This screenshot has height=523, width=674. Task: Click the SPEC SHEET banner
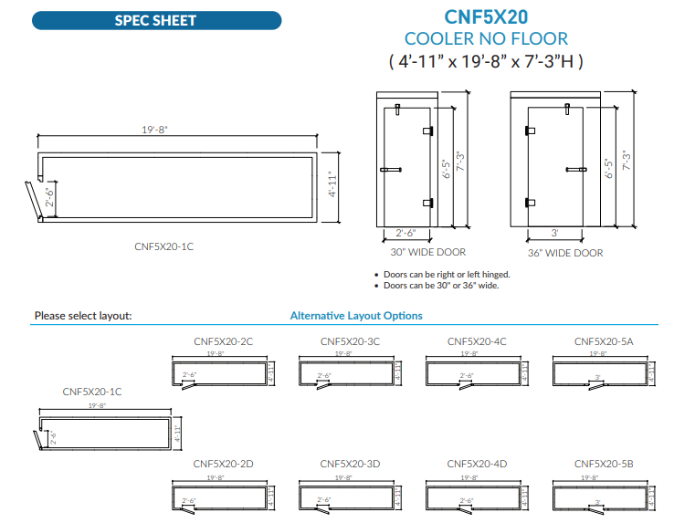(155, 20)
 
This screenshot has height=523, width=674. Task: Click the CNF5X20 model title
(485, 16)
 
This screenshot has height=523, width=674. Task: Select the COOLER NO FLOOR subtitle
(486, 38)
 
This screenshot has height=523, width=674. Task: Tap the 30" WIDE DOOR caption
(428, 252)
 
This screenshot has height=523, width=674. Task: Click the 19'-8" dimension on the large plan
(154, 130)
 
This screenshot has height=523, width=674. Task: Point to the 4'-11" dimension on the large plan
(332, 185)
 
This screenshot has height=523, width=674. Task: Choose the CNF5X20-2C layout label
(223, 341)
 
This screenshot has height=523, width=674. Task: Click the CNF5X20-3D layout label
(350, 464)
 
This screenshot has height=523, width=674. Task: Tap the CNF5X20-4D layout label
(477, 464)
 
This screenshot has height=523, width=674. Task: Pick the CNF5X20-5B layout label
(604, 464)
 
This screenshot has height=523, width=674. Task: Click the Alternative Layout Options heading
(356, 316)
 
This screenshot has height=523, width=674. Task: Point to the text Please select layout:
(83, 316)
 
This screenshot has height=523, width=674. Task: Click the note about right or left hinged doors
(447, 274)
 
